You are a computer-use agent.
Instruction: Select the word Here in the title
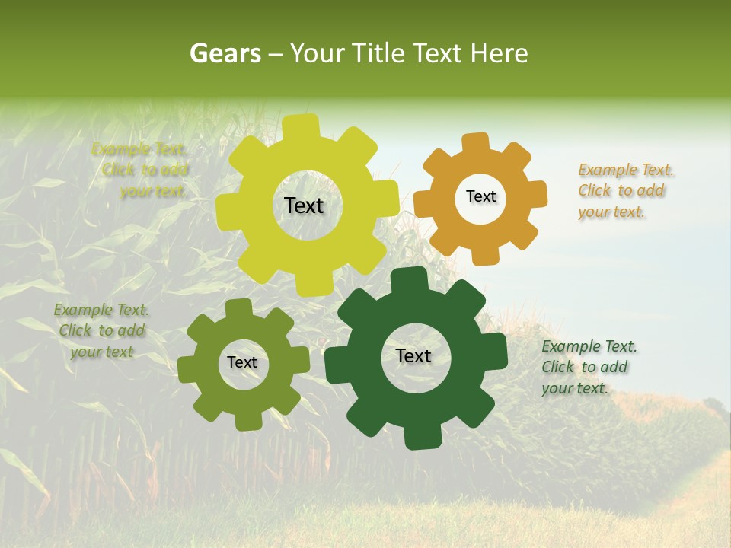click(500, 53)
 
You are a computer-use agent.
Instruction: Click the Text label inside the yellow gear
click(304, 205)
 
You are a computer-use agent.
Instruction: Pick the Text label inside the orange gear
click(480, 196)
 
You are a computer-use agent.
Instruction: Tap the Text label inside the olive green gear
click(242, 362)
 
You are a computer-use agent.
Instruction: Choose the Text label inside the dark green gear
click(413, 355)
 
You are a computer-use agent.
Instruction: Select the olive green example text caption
click(101, 331)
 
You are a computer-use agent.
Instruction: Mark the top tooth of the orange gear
click(476, 142)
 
